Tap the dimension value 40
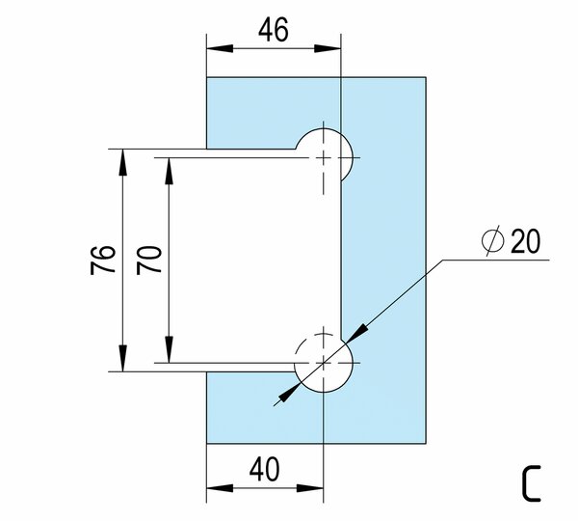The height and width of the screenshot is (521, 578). [265, 471]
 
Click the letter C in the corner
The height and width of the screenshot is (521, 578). [532, 482]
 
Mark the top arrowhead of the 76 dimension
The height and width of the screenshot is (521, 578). [123, 157]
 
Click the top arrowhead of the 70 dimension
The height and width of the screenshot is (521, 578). [170, 164]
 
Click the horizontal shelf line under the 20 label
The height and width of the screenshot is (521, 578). [501, 260]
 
